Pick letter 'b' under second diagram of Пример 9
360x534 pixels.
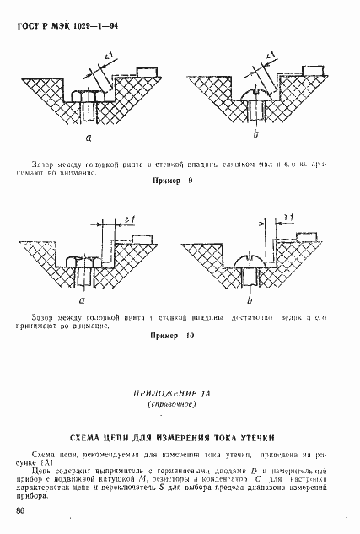pos(254,135)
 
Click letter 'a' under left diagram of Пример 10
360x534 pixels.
pos(82,299)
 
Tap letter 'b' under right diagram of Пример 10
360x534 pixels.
pos(250,299)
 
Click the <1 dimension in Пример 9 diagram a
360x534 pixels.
pos(110,57)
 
